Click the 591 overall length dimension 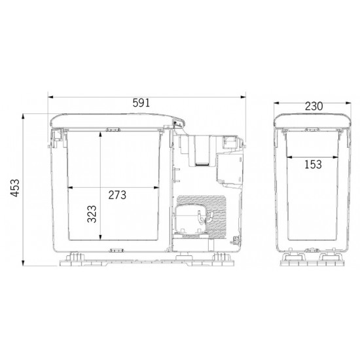(x=141, y=103)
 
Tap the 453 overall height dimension (x=15, y=188)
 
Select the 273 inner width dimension (x=117, y=195)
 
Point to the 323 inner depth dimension (x=92, y=214)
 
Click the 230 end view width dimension (x=314, y=106)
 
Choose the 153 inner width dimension (x=313, y=164)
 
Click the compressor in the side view (x=191, y=219)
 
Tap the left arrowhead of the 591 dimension (x=50, y=97)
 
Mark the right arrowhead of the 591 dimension (x=243, y=97)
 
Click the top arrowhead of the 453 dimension (x=23, y=117)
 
